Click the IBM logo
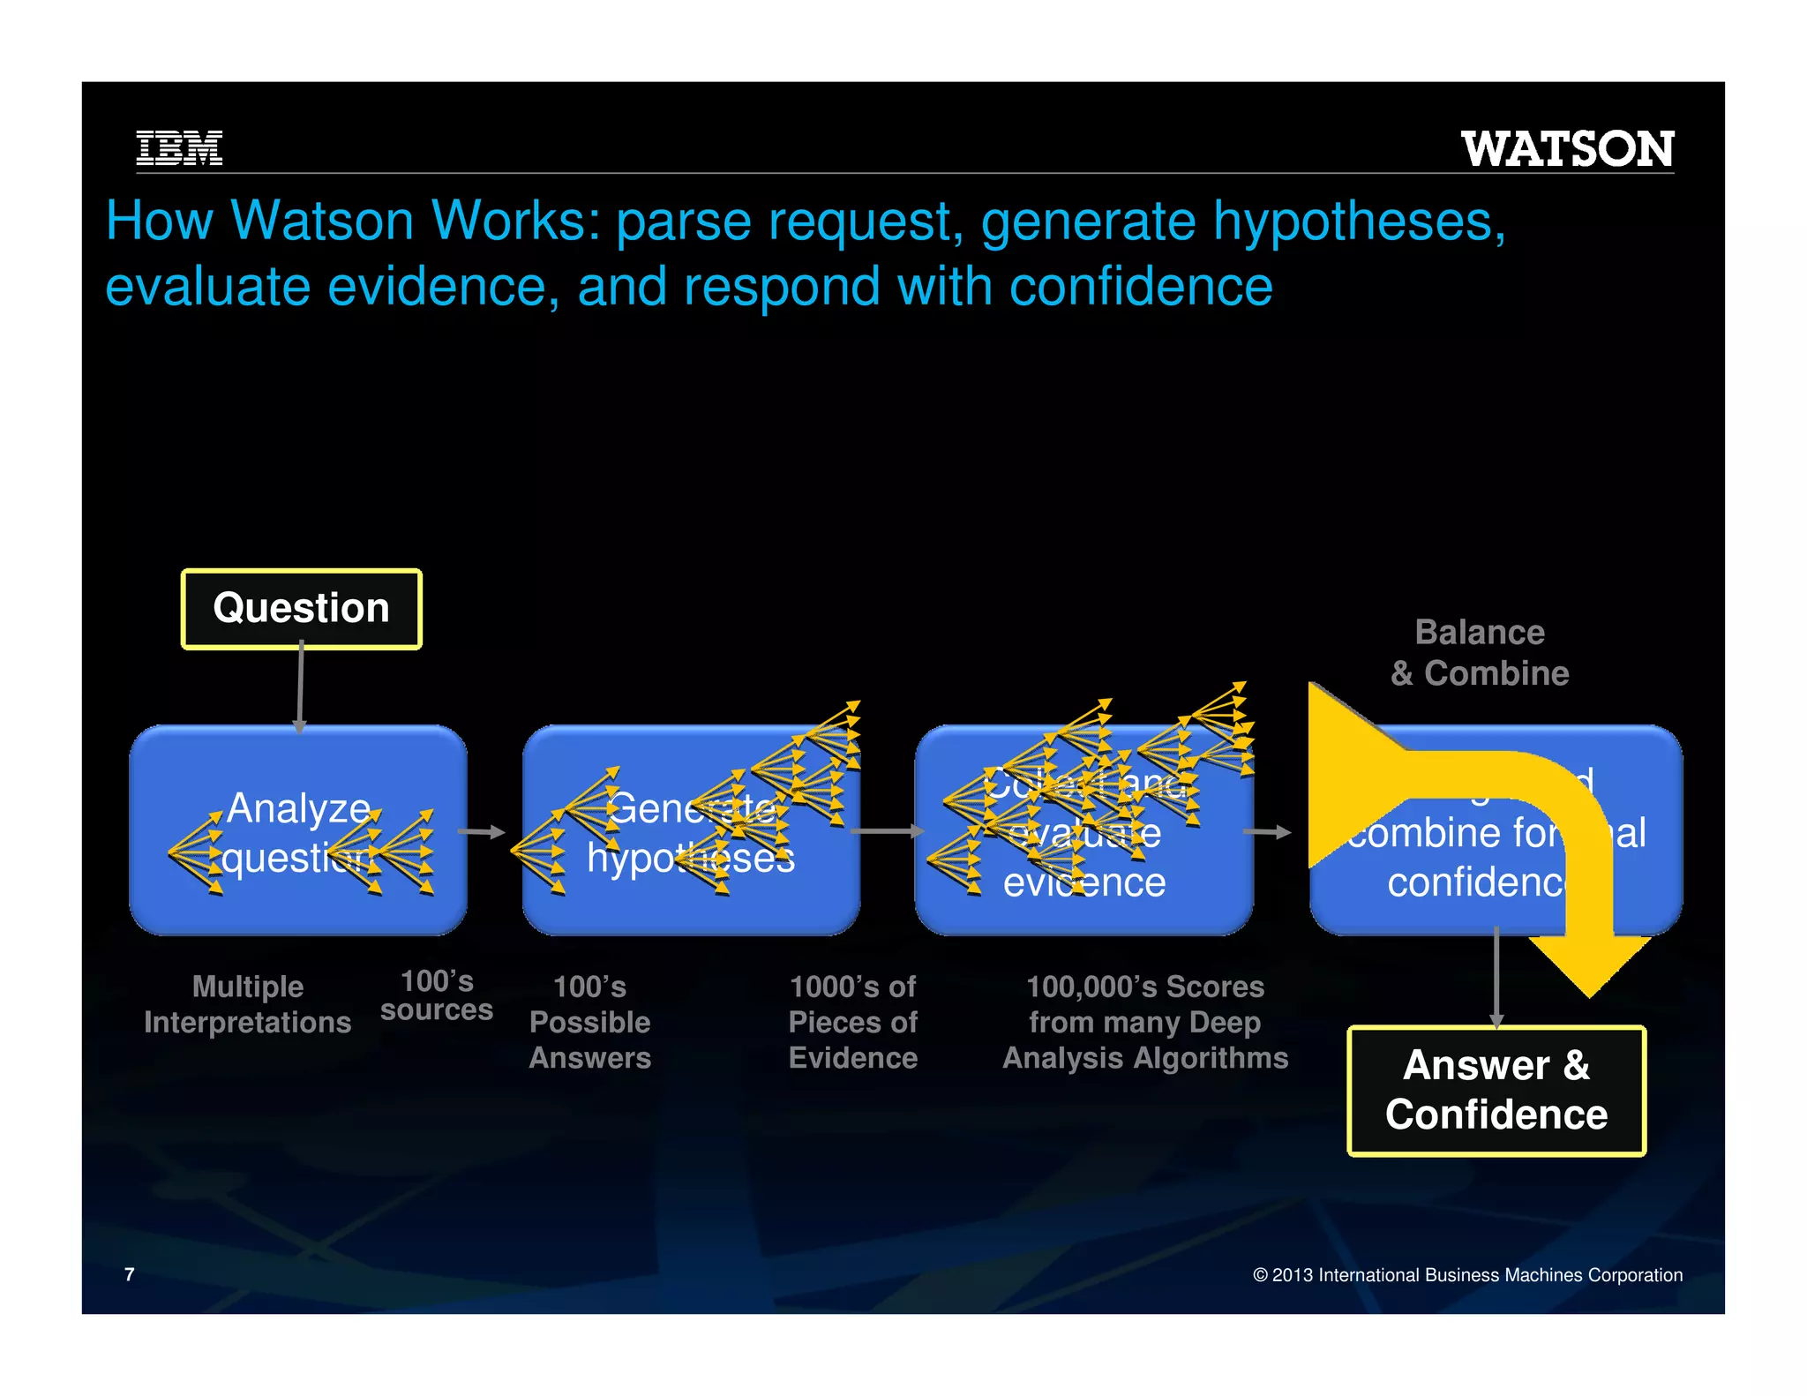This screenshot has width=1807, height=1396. point(179,147)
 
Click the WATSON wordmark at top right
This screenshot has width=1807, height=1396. point(1567,148)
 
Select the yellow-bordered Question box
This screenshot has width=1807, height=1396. point(301,609)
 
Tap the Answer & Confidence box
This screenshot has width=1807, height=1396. point(1496,1091)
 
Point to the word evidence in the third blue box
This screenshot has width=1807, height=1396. point(1084,882)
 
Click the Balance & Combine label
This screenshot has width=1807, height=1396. point(1480,653)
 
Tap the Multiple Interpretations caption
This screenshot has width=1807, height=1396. point(248,1004)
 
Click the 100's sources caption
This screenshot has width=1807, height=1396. point(437,995)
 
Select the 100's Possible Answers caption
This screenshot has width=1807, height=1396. point(590,1022)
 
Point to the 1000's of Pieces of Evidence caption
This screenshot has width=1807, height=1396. point(852,1022)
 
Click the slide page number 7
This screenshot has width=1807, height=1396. point(130,1274)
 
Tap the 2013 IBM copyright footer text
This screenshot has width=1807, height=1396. point(1467,1275)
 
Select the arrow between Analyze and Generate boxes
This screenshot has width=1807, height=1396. point(482,831)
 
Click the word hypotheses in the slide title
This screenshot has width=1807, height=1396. point(1359,221)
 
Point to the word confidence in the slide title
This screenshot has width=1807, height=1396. point(1140,287)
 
